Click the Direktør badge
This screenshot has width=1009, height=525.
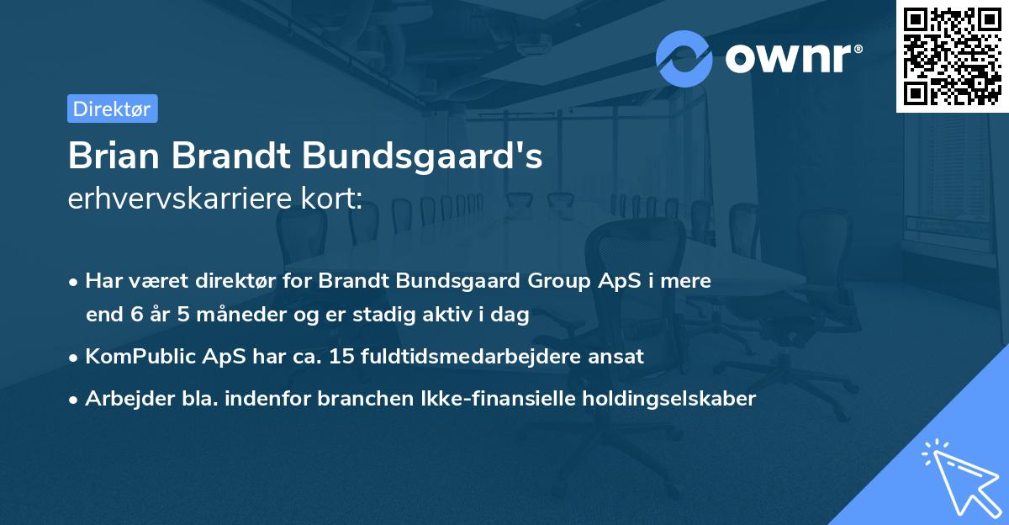(112, 109)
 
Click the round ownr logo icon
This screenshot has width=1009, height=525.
(684, 58)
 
